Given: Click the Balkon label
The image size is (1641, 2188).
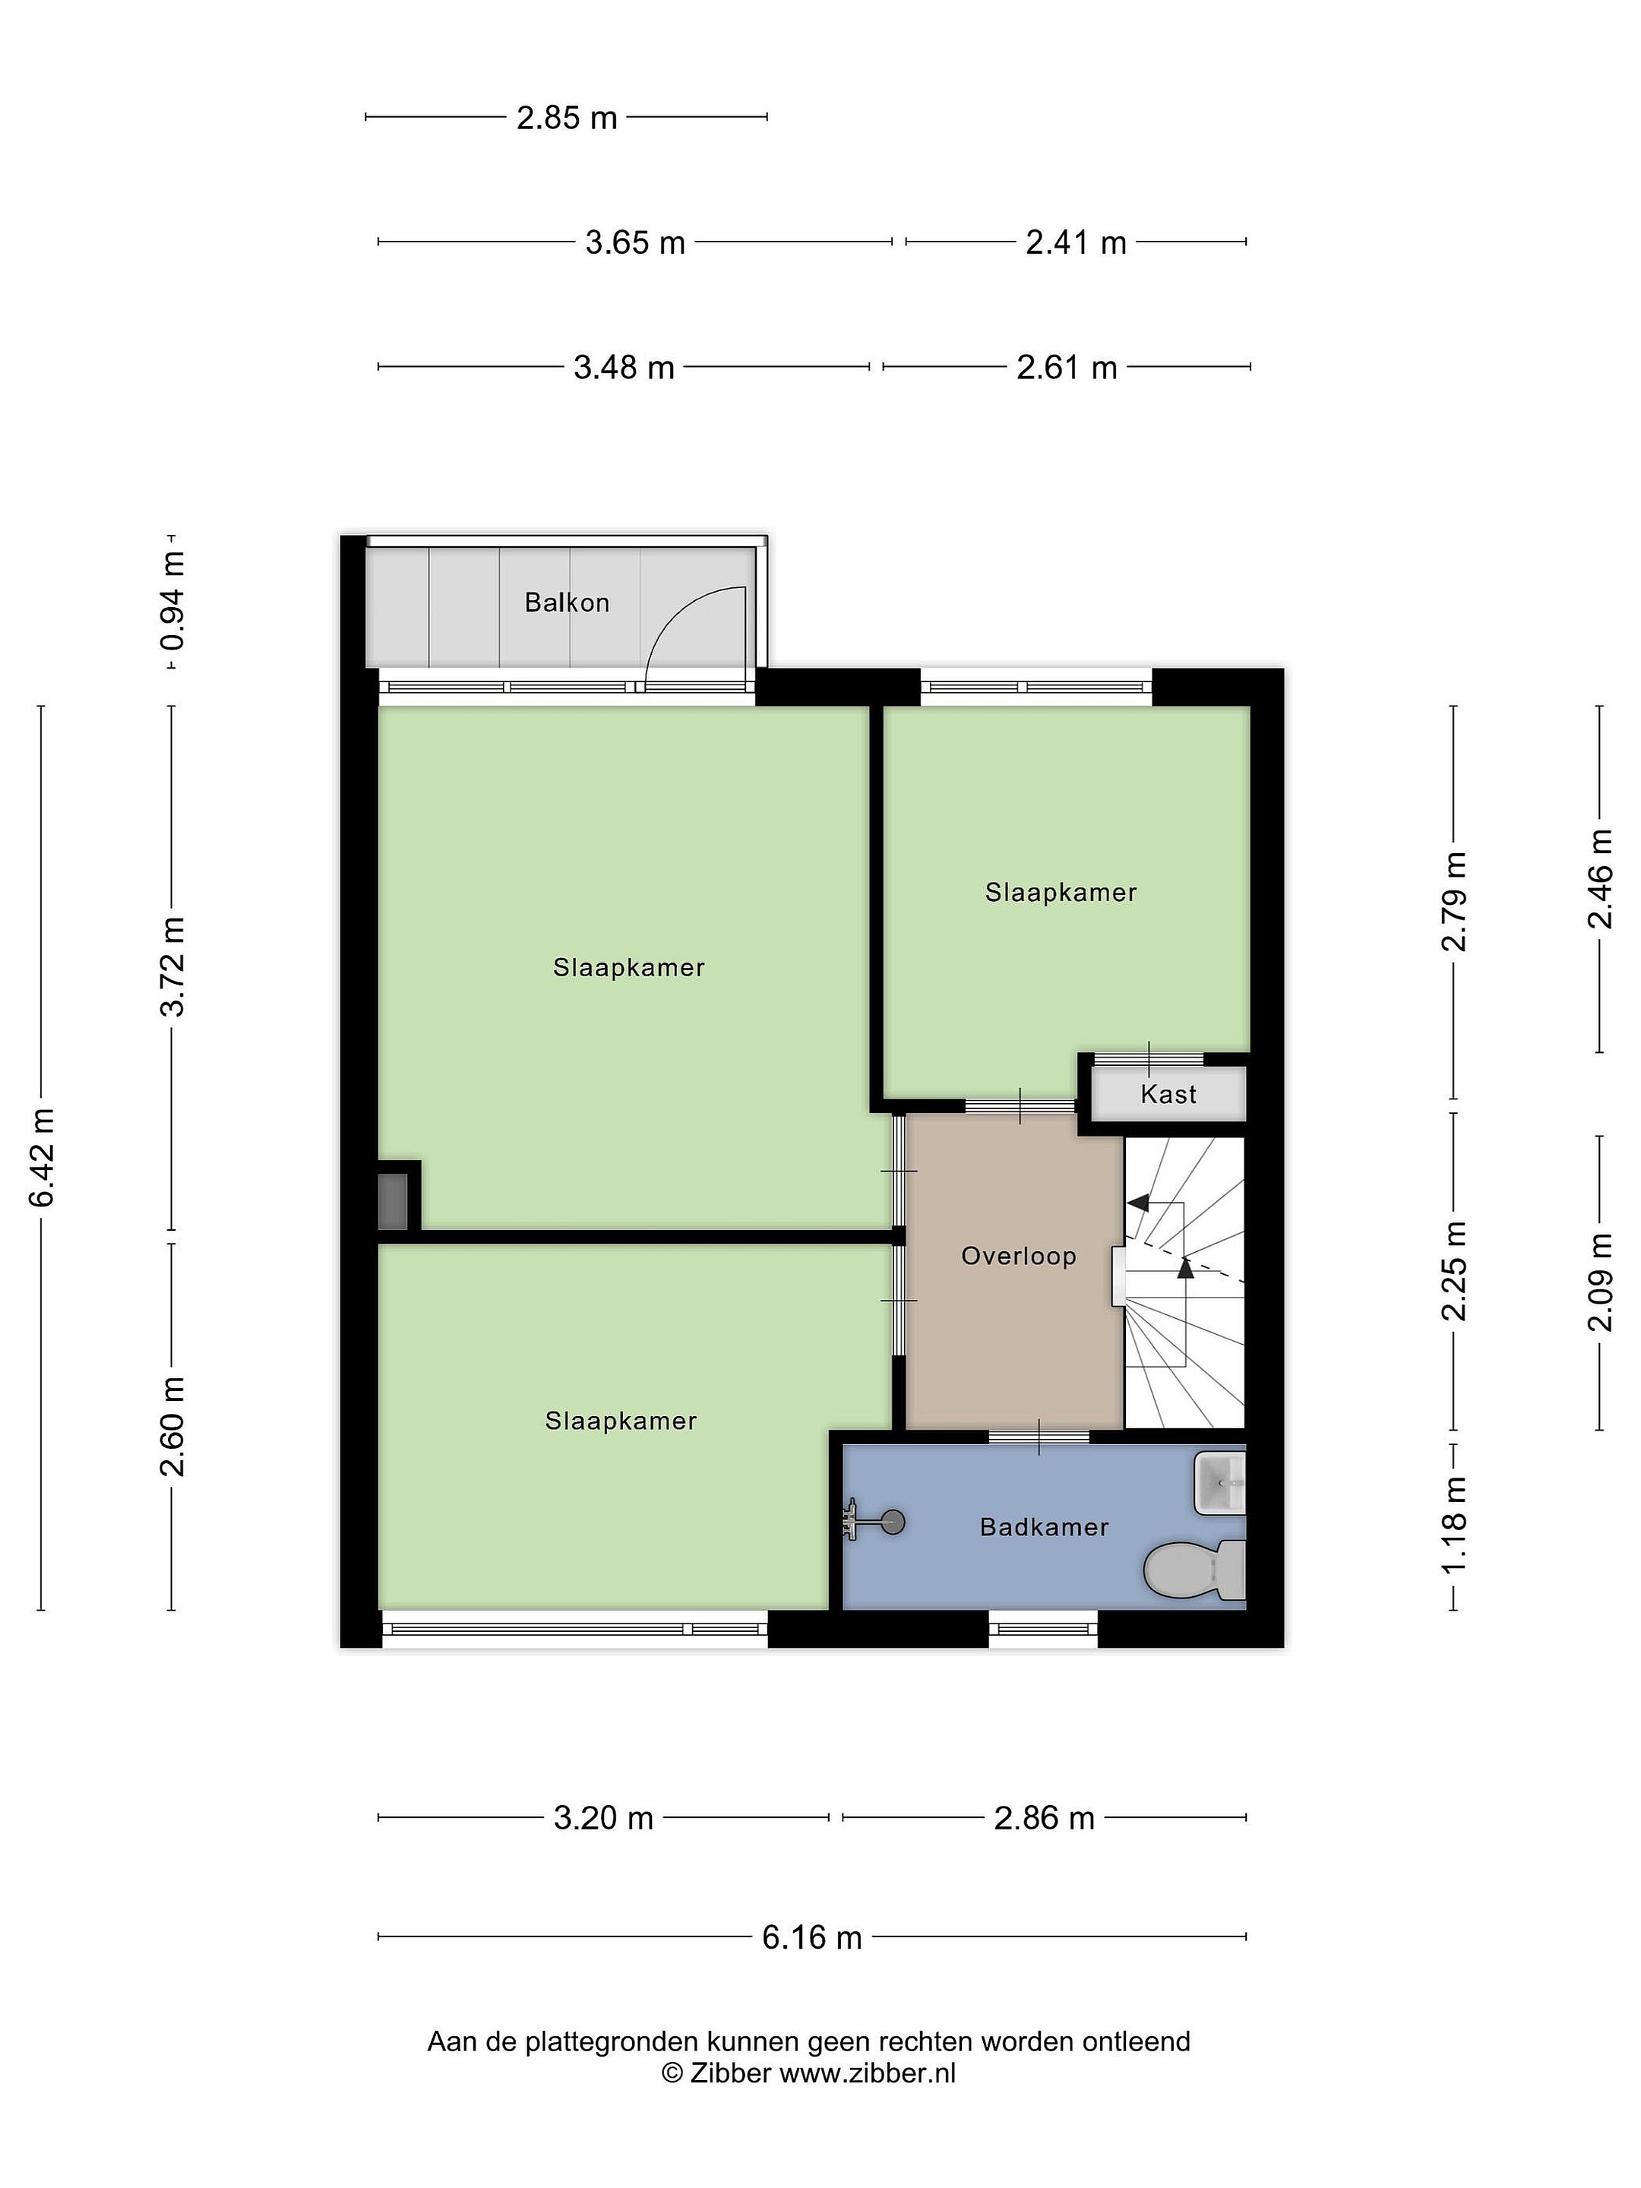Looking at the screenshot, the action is (x=567, y=602).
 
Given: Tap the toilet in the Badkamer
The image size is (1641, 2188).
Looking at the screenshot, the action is (x=1194, y=1570).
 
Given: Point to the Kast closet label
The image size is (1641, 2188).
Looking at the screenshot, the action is (x=1168, y=1094).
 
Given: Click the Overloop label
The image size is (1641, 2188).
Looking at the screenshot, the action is (x=1019, y=1257).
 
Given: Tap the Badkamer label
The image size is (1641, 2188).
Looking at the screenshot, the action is (x=1045, y=1527).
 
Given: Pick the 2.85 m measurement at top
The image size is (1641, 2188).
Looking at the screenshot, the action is (x=567, y=119).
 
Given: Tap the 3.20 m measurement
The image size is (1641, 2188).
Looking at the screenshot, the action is (x=603, y=1818).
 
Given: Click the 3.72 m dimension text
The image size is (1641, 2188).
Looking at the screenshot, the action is (x=173, y=967).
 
